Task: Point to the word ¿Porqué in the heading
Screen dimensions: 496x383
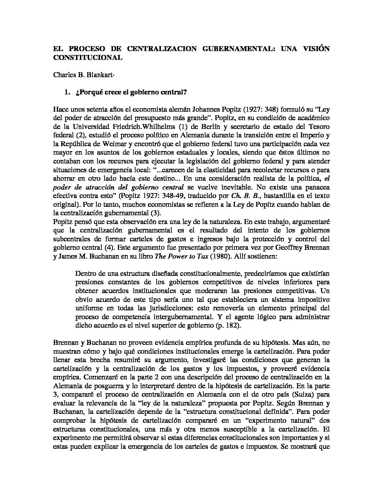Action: click(87, 93)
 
